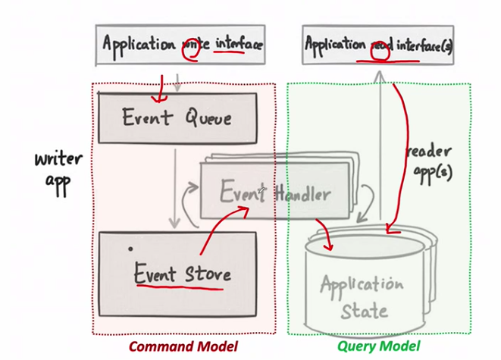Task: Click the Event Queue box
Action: click(177, 118)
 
